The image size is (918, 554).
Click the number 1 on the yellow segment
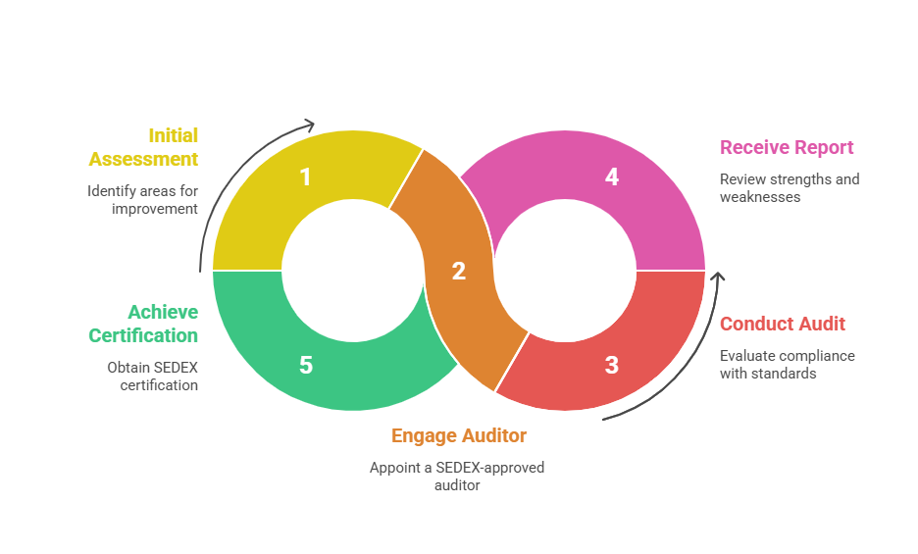(x=305, y=177)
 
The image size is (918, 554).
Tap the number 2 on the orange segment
(x=458, y=272)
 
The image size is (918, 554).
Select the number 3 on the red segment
(x=612, y=366)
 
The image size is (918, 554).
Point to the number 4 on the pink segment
(x=612, y=177)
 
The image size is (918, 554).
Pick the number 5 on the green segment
(x=305, y=366)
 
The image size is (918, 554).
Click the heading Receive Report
(x=787, y=148)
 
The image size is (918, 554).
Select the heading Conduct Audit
(x=783, y=325)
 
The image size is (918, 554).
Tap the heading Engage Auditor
(x=459, y=436)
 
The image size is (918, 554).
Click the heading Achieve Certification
(x=143, y=324)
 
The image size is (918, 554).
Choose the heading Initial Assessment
(x=144, y=147)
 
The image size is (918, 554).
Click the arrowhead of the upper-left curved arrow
(x=310, y=125)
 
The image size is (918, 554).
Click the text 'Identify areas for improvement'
(x=142, y=200)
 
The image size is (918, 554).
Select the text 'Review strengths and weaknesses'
(x=789, y=188)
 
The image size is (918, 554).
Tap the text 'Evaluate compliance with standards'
(x=787, y=365)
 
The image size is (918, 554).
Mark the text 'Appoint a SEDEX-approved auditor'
(x=457, y=477)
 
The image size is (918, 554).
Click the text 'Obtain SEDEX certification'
(x=152, y=377)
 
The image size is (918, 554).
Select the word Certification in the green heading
(x=143, y=335)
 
